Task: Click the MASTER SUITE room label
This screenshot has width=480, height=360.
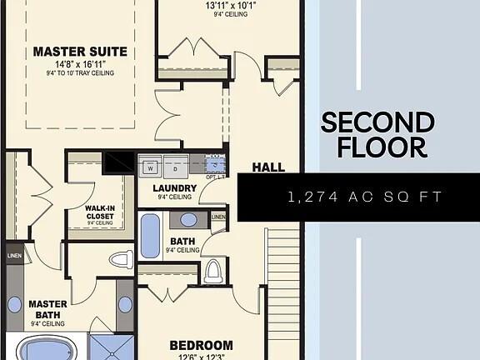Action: point(80,52)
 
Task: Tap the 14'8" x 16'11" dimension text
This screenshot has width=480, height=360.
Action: point(80,63)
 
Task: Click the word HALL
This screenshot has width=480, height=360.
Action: point(268,167)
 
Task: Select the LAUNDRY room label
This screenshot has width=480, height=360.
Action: point(175,188)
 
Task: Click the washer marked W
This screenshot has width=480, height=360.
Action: point(151,167)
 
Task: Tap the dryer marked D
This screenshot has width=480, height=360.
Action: point(175,167)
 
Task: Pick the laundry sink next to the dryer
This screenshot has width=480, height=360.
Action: point(215,162)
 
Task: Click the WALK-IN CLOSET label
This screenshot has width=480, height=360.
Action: point(99,212)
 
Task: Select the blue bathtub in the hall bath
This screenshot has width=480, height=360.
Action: point(150,236)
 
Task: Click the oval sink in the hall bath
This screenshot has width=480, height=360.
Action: point(189,220)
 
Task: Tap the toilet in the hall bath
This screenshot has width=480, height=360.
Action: point(212,270)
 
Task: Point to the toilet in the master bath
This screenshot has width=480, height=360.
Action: point(122,258)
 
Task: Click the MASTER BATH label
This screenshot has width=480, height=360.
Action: point(47,309)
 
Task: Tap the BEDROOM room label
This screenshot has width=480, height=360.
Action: point(201,345)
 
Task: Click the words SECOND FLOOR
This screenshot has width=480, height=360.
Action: point(377,135)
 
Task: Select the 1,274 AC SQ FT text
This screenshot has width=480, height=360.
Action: point(364,197)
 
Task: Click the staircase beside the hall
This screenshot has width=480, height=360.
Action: point(283,283)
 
